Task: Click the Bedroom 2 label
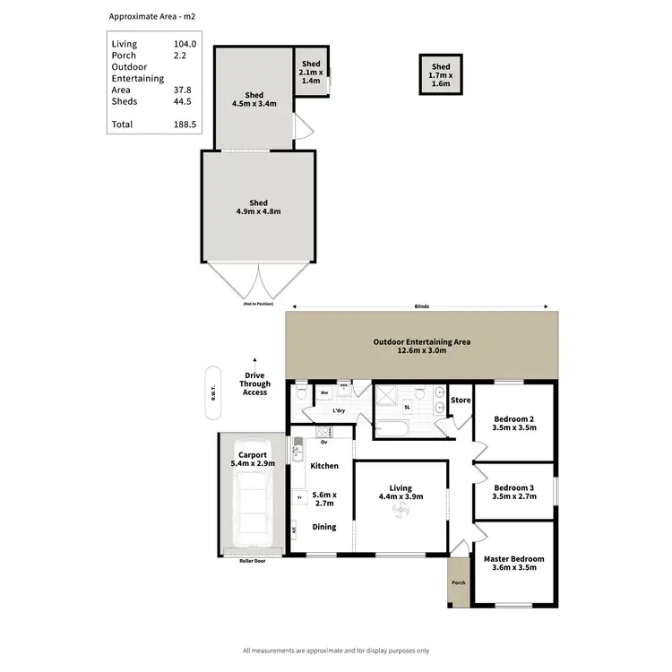pos(514,423)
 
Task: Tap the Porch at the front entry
pos(459,582)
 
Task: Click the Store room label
pos(461,400)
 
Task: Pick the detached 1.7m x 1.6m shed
pos(441,75)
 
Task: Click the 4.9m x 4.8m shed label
pos(258,207)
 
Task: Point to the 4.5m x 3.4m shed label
pos(254,99)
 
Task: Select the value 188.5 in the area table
pos(184,125)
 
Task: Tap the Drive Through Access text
pos(254,383)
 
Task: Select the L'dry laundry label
pos(339,410)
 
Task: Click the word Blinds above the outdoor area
pos(421,306)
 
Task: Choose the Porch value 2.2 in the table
pos(179,56)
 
